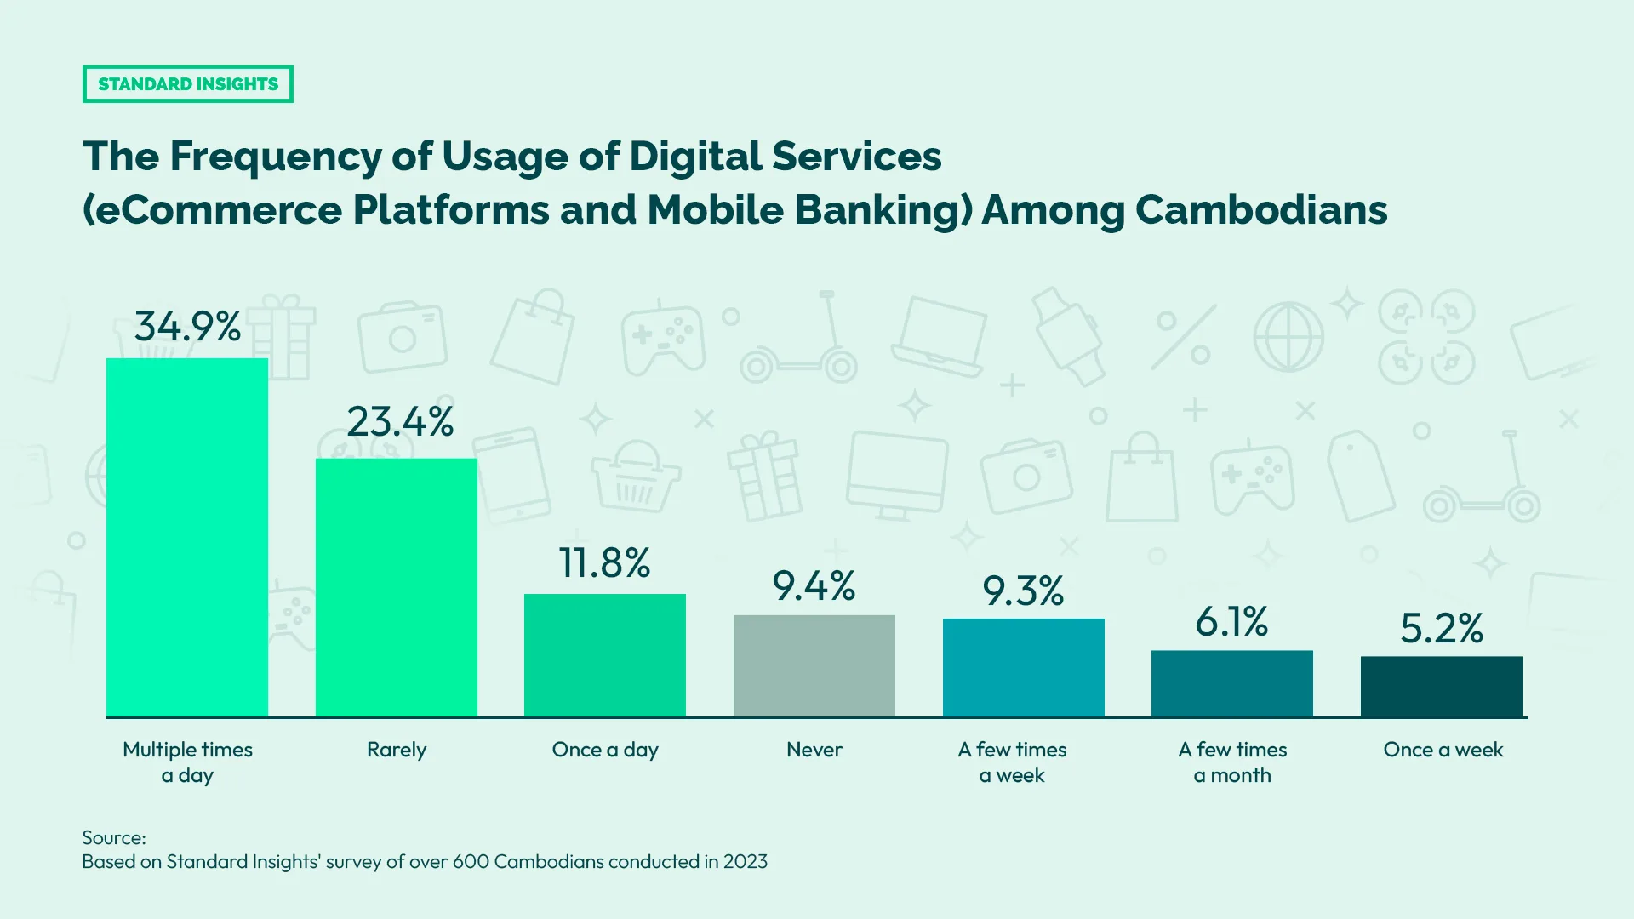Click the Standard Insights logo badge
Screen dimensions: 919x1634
click(x=187, y=83)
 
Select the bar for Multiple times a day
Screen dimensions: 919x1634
click(x=187, y=538)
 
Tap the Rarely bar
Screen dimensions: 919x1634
click(x=397, y=587)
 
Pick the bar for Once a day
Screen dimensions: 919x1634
click(x=605, y=655)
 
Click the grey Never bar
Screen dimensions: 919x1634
click(x=814, y=665)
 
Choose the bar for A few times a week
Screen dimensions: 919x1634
click(x=1023, y=667)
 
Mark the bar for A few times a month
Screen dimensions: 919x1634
click(x=1232, y=683)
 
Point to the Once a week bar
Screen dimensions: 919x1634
click(x=1441, y=686)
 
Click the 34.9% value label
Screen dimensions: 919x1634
click(x=187, y=326)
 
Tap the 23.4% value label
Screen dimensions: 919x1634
click(x=400, y=421)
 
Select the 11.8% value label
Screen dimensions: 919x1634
click(x=604, y=562)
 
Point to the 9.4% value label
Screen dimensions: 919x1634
click(x=814, y=585)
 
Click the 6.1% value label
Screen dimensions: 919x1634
click(x=1231, y=622)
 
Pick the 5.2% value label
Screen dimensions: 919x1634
click(x=1442, y=628)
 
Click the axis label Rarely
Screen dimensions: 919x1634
click(x=397, y=750)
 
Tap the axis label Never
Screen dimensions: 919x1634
click(x=814, y=750)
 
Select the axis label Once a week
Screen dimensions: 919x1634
click(x=1443, y=750)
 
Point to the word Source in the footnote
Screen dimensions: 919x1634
click(x=113, y=837)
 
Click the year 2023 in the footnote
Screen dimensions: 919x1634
click(x=746, y=861)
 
